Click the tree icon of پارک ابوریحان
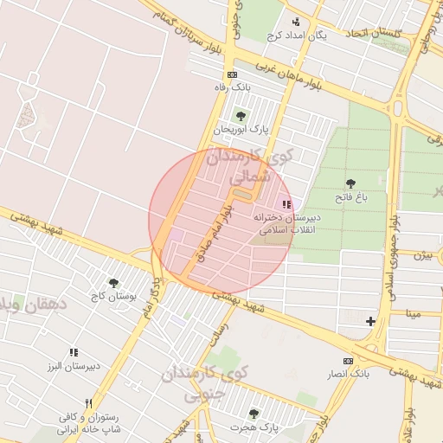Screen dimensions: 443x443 click(x=241, y=115)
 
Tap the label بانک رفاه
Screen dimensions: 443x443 click(x=232, y=87)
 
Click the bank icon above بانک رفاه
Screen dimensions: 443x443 click(x=232, y=74)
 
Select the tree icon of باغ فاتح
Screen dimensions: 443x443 click(x=350, y=183)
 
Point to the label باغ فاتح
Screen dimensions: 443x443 click(x=353, y=197)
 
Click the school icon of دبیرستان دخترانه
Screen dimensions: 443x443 click(x=286, y=203)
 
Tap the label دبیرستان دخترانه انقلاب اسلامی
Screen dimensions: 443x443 click(x=287, y=225)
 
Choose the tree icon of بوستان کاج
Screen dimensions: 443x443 click(x=112, y=282)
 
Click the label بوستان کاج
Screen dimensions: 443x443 click(x=112, y=297)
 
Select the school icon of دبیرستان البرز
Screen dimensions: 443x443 click(x=74, y=352)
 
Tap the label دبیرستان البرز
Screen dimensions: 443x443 click(x=74, y=366)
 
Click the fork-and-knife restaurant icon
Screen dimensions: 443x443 click(x=88, y=403)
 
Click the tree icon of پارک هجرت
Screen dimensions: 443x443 click(x=253, y=414)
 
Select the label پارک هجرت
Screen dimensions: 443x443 click(x=253, y=427)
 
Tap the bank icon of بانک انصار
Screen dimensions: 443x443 click(x=348, y=360)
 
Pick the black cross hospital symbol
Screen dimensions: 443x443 click(x=370, y=321)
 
